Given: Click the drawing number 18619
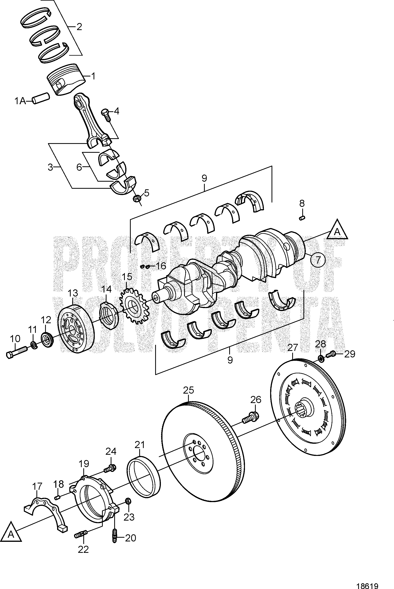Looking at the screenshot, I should (368, 584).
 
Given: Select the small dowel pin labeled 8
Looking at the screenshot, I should (302, 218).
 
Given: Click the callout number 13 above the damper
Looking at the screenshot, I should (73, 293).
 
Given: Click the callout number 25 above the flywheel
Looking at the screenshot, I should (188, 390).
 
